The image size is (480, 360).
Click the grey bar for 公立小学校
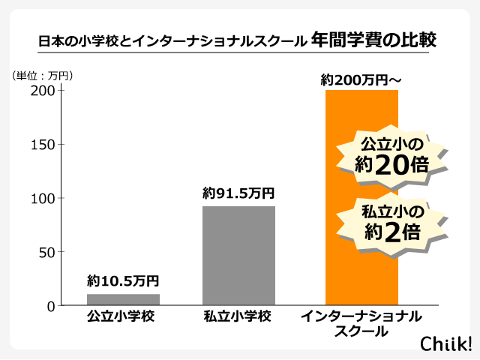[123, 299]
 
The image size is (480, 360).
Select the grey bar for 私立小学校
[238, 256]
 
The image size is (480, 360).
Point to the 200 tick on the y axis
[43, 91]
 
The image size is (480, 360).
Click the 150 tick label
[43, 145]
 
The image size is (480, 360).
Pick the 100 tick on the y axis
[43, 199]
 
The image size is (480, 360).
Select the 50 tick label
[46, 253]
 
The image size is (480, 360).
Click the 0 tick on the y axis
[51, 306]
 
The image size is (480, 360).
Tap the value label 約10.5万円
[123, 282]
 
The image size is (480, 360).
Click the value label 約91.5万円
[238, 193]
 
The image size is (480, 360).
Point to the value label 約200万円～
[361, 79]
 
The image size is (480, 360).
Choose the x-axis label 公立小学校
[123, 316]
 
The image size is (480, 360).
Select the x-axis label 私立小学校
[238, 316]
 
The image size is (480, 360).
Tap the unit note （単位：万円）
[43, 75]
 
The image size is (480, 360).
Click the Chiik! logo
[445, 342]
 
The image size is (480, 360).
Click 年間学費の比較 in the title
[373, 38]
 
